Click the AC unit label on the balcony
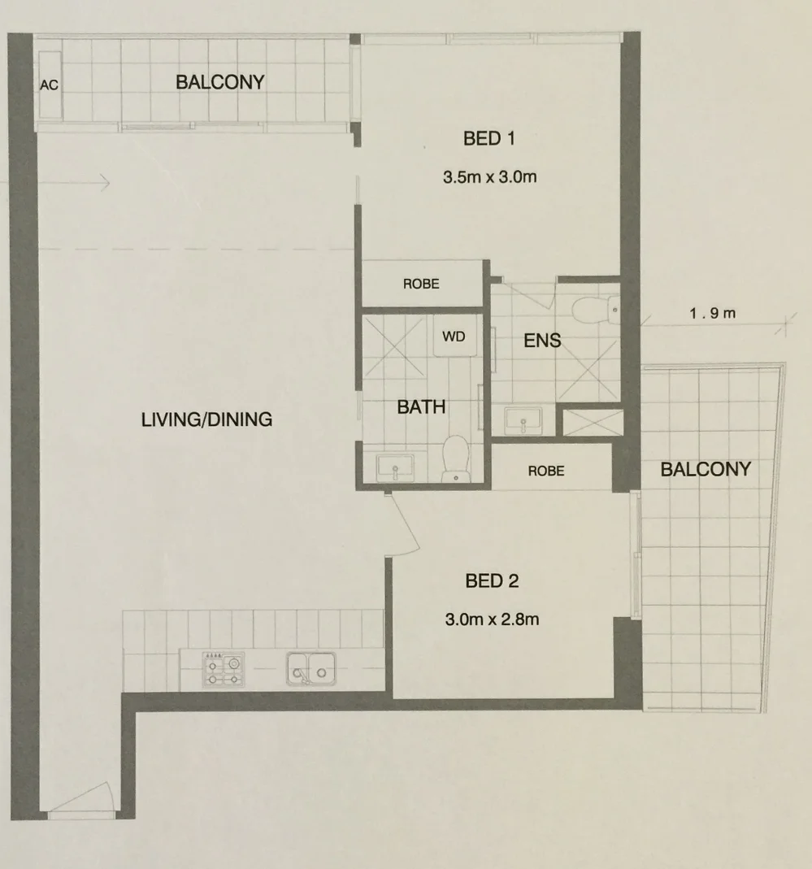[49, 85]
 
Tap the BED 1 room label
[489, 139]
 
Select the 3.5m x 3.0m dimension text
[489, 177]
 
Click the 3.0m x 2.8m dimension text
[492, 619]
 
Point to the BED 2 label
[492, 581]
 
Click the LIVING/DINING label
[206, 420]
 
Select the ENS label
[542, 341]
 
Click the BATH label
[421, 406]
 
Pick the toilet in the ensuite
[591, 309]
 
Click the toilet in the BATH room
[455, 458]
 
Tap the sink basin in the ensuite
[523, 420]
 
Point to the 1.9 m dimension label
[713, 313]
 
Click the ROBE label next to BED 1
[421, 284]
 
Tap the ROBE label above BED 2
[545, 471]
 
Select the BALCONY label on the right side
[705, 469]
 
